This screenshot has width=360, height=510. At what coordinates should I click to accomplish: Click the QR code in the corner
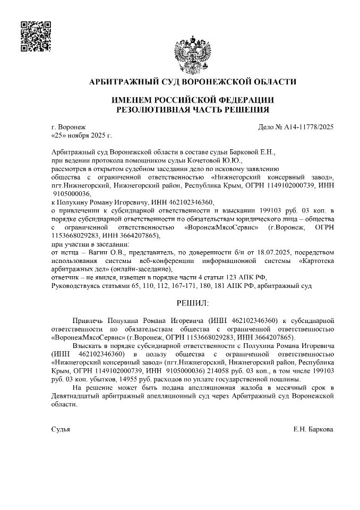[x=36, y=36]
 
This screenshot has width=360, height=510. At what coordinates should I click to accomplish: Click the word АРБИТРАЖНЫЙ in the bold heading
[x=119, y=81]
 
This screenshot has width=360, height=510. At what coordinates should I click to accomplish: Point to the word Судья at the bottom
[x=60, y=429]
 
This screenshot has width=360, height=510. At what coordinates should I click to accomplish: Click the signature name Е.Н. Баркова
[x=313, y=429]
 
